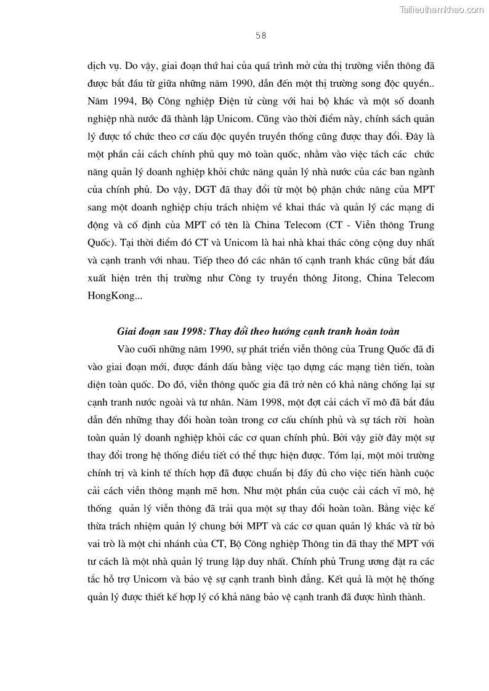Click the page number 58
coord(261,36)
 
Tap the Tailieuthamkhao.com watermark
coord(442,9)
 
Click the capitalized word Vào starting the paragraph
coord(127,349)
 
